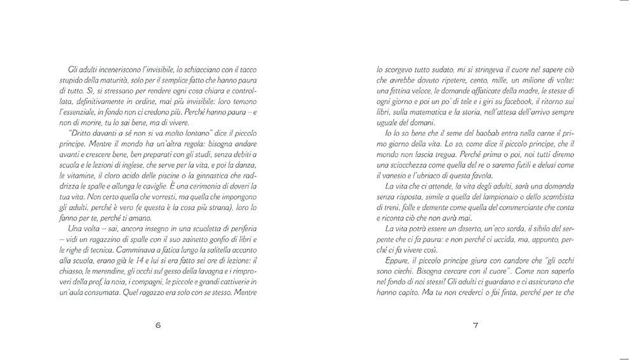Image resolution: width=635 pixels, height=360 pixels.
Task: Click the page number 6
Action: (x=158, y=326)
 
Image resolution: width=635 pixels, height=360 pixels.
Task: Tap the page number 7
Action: (x=475, y=326)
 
